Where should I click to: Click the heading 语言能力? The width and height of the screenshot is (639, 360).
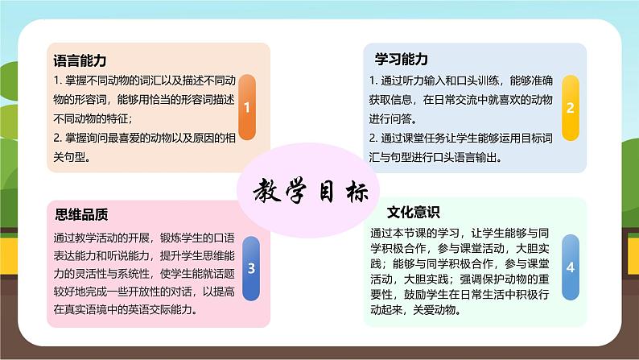(x=80, y=60)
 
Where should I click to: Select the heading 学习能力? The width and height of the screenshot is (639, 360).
(x=402, y=59)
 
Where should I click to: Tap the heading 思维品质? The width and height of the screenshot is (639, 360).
(x=81, y=214)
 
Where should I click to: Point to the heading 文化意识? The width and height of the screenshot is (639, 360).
(x=413, y=212)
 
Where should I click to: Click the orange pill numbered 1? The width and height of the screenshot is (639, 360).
(x=247, y=107)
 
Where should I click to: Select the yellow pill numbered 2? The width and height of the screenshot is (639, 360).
(x=571, y=108)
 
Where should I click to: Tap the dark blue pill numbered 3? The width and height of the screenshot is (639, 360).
(x=251, y=268)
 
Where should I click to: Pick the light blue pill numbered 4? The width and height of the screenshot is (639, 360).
(x=571, y=267)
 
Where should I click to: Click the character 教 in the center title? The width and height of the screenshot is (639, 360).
(x=267, y=190)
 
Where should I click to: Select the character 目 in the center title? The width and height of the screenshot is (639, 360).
(x=327, y=191)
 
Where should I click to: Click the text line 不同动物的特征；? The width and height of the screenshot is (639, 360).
(x=93, y=118)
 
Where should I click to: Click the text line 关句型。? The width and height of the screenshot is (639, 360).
(x=72, y=156)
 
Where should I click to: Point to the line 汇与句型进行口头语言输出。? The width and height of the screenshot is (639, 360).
(x=435, y=157)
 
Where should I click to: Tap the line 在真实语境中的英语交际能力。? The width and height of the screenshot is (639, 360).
(x=126, y=309)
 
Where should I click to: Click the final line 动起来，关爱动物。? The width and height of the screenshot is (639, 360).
(x=417, y=310)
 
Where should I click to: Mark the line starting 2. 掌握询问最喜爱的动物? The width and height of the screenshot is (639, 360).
(x=145, y=138)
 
